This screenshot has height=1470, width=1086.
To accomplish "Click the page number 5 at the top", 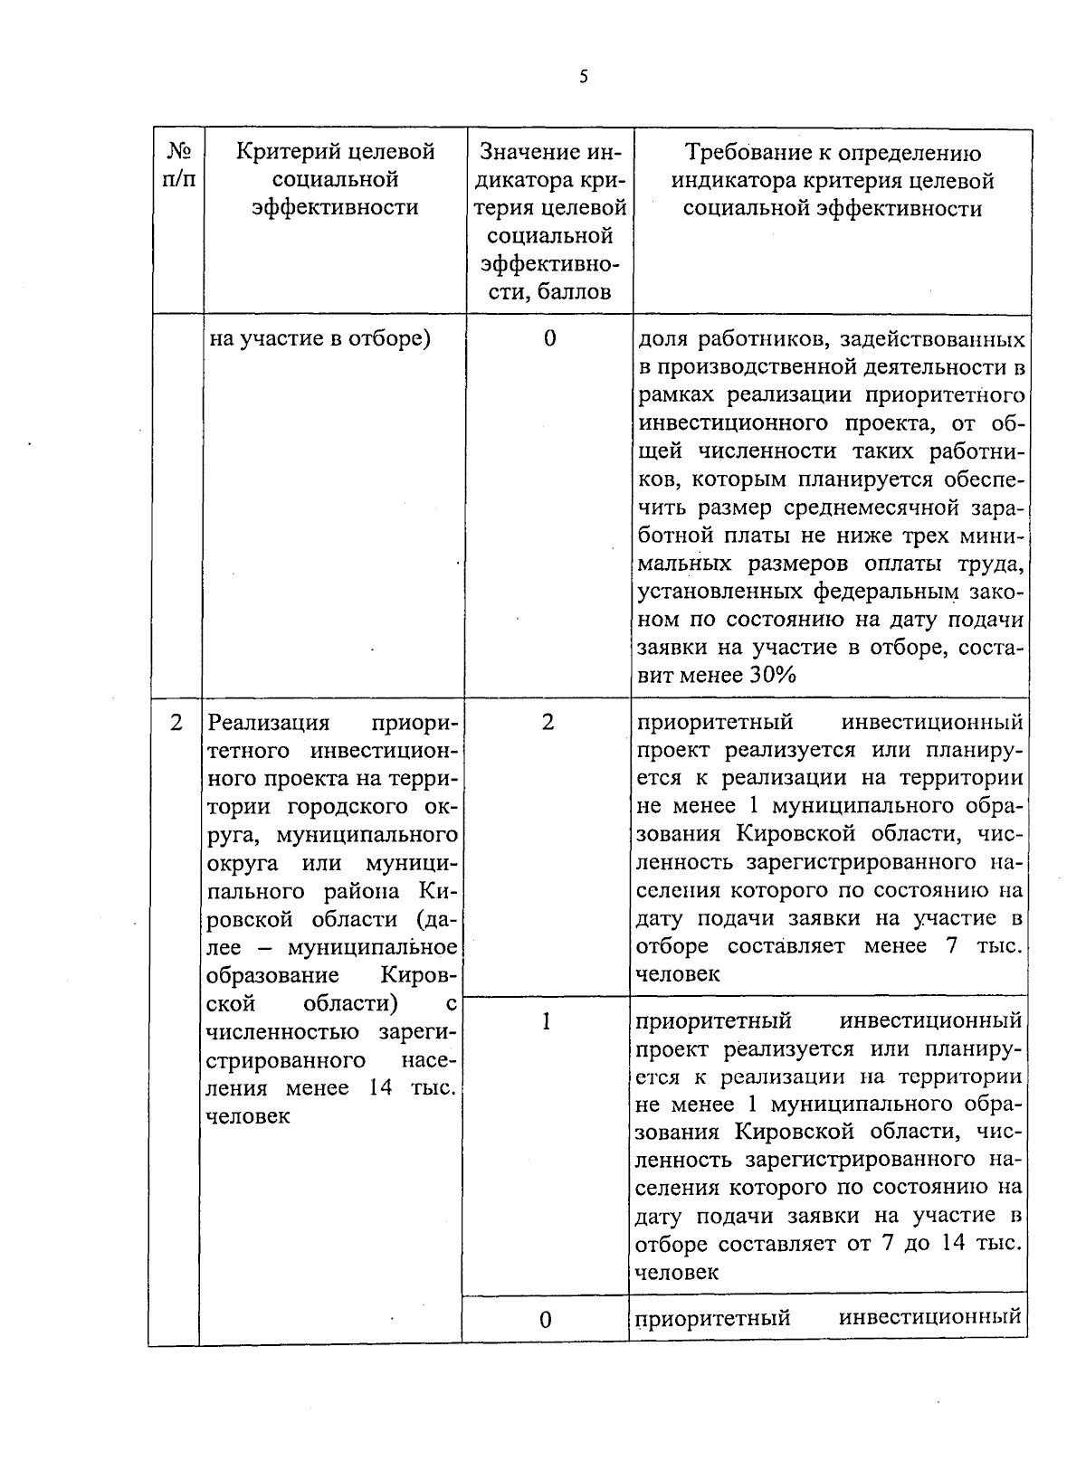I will point(584,77).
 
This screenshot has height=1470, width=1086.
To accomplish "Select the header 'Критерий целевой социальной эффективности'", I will point(335,179).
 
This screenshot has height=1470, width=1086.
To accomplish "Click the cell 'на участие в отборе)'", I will point(319,339).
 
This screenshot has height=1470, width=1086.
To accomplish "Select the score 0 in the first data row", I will point(549,339).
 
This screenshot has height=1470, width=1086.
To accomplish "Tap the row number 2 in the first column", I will point(176,723).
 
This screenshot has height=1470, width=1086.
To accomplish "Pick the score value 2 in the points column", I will point(548,723).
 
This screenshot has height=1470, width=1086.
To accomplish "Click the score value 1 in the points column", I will point(546,1022).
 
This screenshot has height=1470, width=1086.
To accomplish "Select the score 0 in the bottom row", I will point(546,1320).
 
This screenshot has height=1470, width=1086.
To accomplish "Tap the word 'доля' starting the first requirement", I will point(662,341).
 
